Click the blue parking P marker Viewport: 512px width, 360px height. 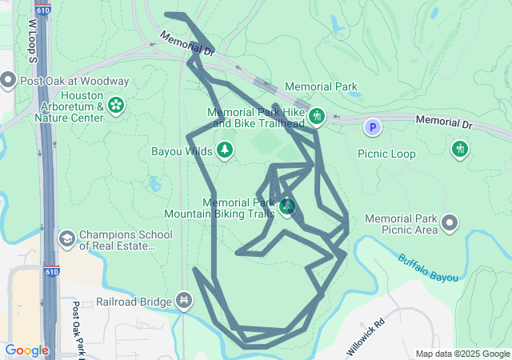[x=372, y=127]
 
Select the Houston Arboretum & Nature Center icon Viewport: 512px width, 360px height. [x=116, y=106]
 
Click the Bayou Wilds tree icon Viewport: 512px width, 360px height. [x=225, y=150]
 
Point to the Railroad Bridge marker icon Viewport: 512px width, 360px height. [x=184, y=301]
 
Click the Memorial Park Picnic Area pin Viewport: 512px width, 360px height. [x=450, y=223]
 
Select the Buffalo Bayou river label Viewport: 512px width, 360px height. [x=428, y=267]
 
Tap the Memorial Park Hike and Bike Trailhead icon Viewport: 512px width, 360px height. [x=316, y=117]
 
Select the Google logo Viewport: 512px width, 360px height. [x=26, y=350]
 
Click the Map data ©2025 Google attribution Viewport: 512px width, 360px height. [x=462, y=354]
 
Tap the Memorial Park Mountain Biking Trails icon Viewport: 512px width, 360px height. [x=287, y=208]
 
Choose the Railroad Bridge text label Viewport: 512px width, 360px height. [x=134, y=302]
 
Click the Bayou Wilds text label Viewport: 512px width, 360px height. [x=182, y=150]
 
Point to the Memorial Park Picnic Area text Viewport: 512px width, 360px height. [x=401, y=224]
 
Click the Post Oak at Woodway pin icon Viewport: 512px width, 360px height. [x=9, y=80]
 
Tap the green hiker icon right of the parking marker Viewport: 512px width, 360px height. [x=459, y=148]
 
